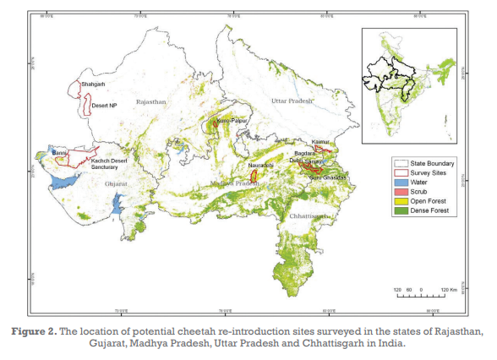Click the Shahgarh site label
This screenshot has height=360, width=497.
[93, 85]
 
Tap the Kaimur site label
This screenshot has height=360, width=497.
[320, 142]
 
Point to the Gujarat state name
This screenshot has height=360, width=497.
[117, 183]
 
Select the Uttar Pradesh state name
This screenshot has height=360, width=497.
[290, 101]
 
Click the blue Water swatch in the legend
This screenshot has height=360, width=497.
[401, 181]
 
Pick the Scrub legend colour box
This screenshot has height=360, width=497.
[401, 191]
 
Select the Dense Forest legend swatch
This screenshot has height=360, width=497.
[401, 210]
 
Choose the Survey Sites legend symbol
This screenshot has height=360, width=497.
[401, 172]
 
